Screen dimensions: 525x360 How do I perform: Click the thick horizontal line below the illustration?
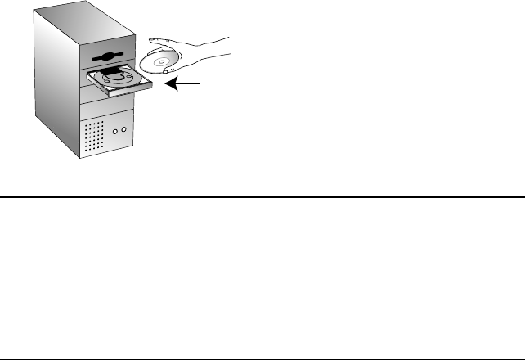coord(262,196)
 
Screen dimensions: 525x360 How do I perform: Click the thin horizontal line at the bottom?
coord(262,358)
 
